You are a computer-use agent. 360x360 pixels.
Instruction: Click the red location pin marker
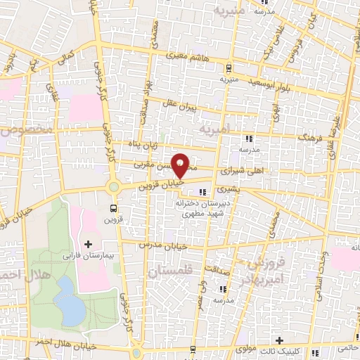coord(181,165)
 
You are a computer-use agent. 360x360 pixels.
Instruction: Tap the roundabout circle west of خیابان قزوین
coord(113,187)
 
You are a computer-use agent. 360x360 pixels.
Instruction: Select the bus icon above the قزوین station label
coord(114,208)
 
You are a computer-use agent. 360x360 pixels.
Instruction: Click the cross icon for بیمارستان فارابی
coord(88,244)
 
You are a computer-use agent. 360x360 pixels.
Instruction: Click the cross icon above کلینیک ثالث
coord(280,340)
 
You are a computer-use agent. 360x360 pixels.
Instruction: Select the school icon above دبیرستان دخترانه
coord(204,191)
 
